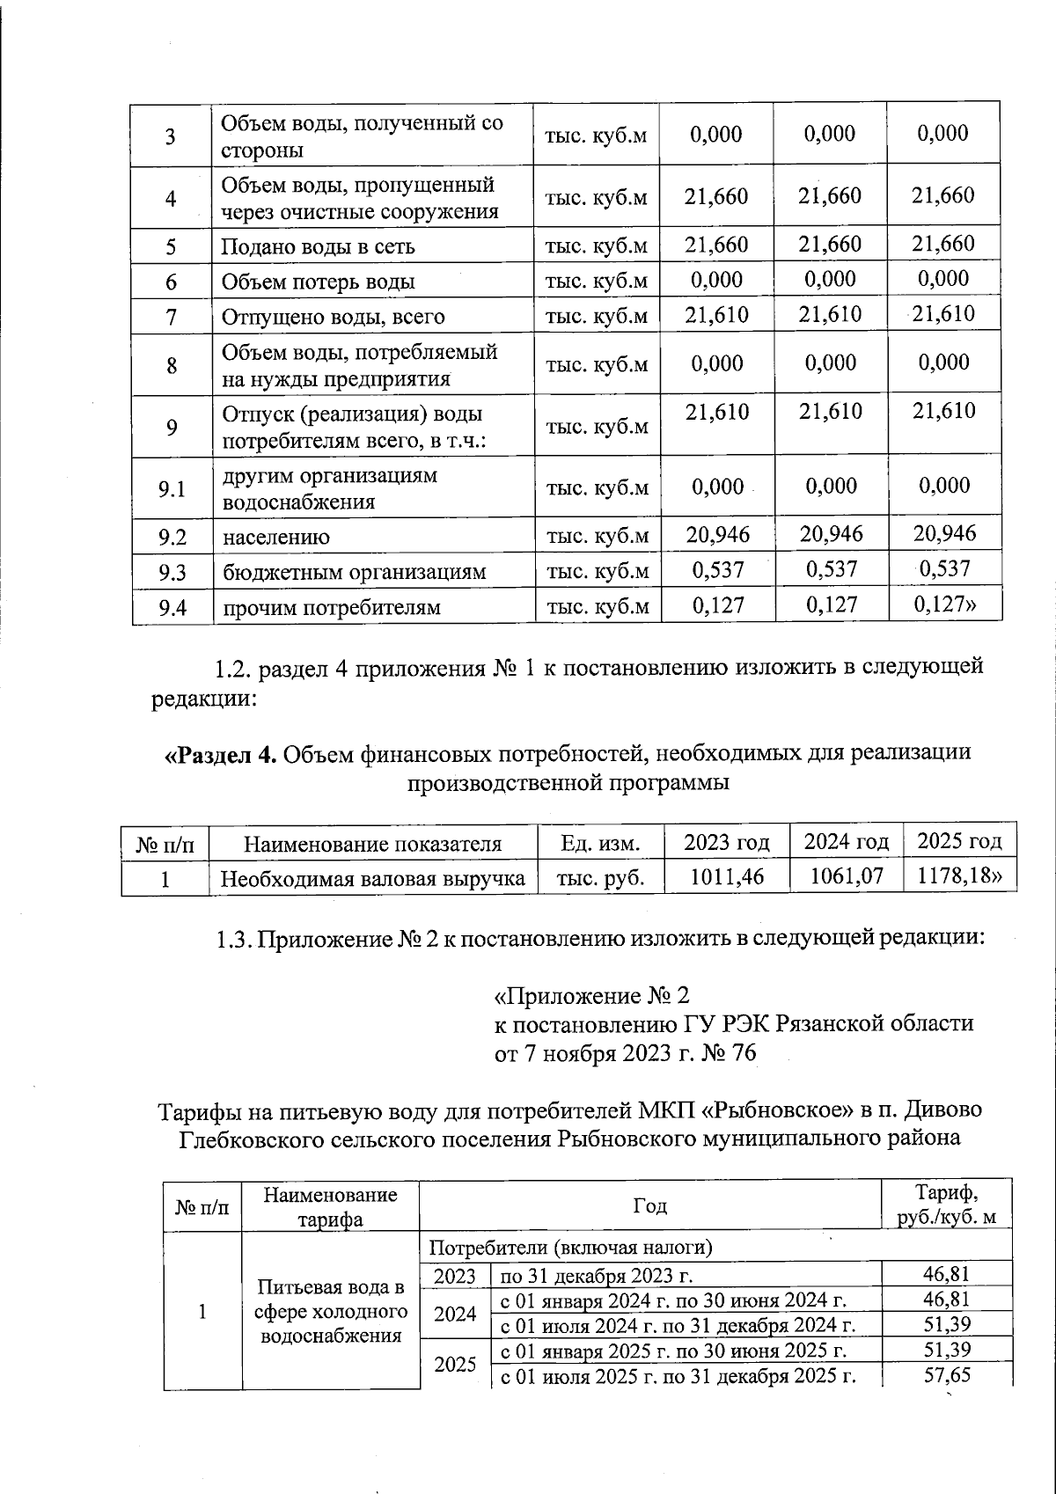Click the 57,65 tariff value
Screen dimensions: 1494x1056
coord(946,1374)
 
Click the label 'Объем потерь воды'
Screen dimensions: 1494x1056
coord(318,282)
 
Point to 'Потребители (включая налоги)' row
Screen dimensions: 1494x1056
coord(570,1248)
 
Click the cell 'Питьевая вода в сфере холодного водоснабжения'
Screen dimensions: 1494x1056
coord(330,1311)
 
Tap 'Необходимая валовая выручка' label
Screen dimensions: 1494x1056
coord(372,878)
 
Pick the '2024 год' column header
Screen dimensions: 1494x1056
coord(847,842)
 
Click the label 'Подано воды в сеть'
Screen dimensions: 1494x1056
coord(318,247)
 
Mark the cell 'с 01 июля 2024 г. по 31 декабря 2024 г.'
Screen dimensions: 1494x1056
coord(678,1325)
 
